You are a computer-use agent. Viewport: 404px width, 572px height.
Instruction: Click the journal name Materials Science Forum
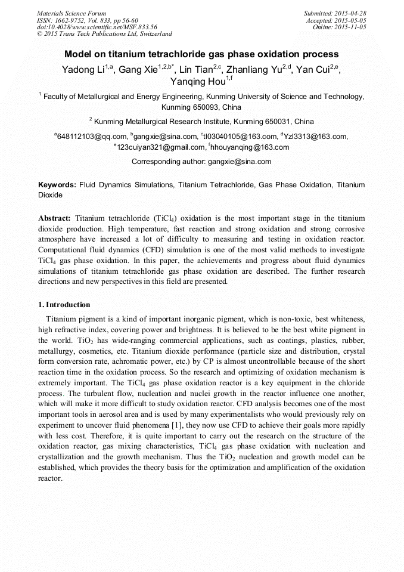72,13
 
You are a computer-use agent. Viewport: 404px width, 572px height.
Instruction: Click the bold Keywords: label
57,185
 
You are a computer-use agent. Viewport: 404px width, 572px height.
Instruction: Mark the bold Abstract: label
55,219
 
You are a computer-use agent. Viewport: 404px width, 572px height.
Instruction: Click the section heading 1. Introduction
64,305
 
